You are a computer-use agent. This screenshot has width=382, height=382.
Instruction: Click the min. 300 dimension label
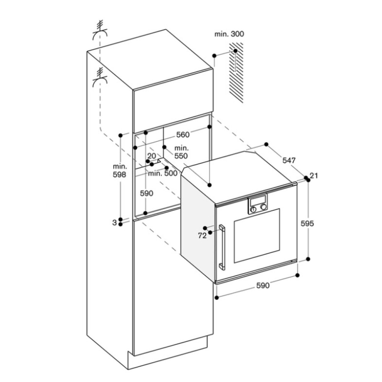(229, 34)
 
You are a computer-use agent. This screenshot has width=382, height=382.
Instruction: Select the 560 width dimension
(183, 134)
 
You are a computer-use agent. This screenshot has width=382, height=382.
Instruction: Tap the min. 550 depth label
(181, 152)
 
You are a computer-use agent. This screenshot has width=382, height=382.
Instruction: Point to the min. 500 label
(163, 173)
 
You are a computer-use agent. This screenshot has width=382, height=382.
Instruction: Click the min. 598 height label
(120, 171)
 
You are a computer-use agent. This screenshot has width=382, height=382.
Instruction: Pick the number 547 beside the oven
(289, 160)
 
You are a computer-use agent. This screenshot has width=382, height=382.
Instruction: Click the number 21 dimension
(314, 175)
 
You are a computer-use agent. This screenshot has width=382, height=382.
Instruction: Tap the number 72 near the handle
(202, 236)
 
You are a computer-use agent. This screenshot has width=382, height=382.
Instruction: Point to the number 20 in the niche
(152, 156)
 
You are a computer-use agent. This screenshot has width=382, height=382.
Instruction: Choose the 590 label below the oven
(262, 285)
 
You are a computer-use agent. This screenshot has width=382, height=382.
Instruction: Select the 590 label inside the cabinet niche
(146, 193)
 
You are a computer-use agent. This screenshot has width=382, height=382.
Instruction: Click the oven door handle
(222, 247)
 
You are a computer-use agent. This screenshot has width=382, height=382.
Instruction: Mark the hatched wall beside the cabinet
(236, 73)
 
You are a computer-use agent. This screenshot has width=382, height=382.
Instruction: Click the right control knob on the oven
(263, 207)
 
